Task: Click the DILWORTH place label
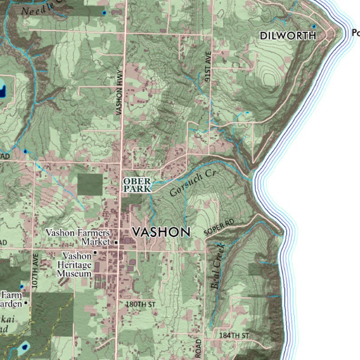(287, 35)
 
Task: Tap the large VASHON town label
(161, 232)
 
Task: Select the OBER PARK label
(136, 185)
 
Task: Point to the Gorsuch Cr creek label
(191, 184)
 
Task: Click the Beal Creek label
(218, 267)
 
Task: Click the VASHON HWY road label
(119, 92)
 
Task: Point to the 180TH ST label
(141, 303)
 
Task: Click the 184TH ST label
(234, 335)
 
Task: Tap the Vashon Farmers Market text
(78, 237)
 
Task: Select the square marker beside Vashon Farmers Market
(116, 243)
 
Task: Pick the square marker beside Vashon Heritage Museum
(95, 253)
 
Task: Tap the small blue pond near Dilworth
(313, 26)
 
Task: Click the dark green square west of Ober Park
(90, 185)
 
